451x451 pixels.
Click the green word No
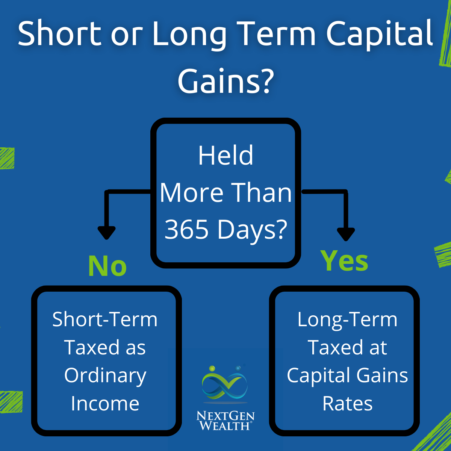pyautogui.click(x=107, y=266)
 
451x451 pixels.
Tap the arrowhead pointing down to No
pyautogui.click(x=106, y=233)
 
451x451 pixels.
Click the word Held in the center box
pyautogui.click(x=225, y=156)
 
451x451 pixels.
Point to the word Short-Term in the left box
pyautogui.click(x=105, y=319)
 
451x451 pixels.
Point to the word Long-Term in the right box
pyautogui.click(x=347, y=319)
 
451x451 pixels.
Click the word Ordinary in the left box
pyautogui.click(x=105, y=376)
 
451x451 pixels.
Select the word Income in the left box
pyautogui.click(x=105, y=404)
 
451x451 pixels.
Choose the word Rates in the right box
pyautogui.click(x=347, y=404)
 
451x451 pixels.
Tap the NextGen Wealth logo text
pyautogui.click(x=225, y=421)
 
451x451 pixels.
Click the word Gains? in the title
pyautogui.click(x=225, y=81)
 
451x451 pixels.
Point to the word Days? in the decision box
pyautogui.click(x=252, y=229)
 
